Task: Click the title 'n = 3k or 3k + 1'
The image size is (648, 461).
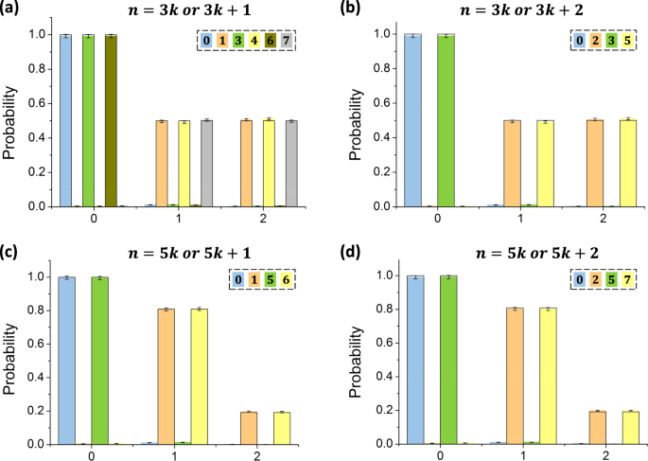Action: [x=176, y=11]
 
